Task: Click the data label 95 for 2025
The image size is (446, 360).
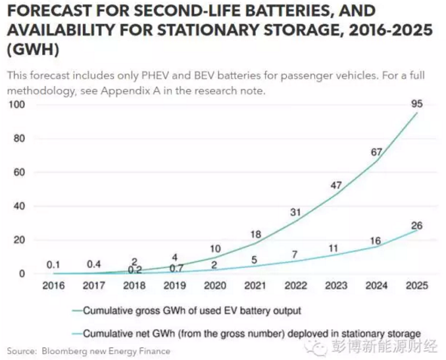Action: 416,103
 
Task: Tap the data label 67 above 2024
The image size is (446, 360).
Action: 377,151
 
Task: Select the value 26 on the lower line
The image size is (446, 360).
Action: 416,225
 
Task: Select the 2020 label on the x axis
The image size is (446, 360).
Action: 216,286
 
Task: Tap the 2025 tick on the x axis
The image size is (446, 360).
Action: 417,286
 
